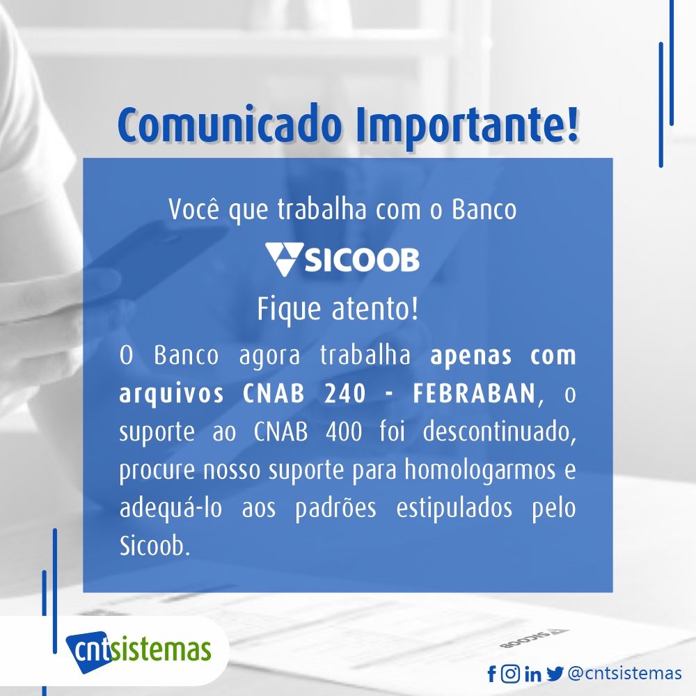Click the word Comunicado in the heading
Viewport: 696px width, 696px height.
click(230, 125)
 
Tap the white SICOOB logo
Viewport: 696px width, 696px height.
click(342, 259)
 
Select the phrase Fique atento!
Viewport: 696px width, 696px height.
click(338, 309)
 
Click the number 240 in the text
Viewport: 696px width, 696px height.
click(345, 393)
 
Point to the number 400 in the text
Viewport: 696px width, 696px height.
click(344, 432)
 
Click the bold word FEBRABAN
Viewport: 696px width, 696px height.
click(473, 393)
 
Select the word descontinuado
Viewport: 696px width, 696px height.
click(499, 432)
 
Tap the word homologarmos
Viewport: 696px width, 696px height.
click(480, 470)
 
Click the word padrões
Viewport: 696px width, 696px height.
click(335, 508)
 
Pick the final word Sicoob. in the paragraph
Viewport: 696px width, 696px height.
click(155, 546)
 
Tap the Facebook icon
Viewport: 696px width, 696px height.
click(491, 674)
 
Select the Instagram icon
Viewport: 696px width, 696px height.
click(510, 674)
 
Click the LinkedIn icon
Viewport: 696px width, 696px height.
click(532, 674)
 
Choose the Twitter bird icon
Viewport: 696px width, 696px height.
click(555, 674)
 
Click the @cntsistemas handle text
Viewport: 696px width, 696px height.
click(624, 673)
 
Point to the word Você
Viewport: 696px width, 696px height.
click(194, 209)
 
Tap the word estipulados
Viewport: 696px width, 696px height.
click(454, 508)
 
